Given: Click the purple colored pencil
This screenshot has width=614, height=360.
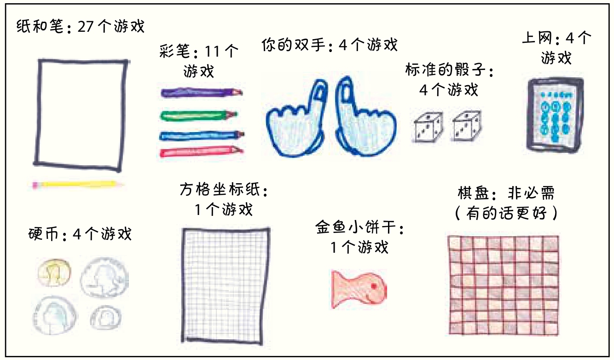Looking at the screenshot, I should click(201, 93).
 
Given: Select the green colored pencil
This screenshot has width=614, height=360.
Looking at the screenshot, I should click(198, 114).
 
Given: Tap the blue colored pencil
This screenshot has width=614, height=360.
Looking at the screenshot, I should click(201, 135).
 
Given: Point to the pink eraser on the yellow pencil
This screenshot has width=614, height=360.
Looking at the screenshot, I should click(35, 185).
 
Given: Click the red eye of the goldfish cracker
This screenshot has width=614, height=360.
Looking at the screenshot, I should click(373, 286).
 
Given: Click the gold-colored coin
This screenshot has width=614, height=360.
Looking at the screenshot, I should click(54, 273).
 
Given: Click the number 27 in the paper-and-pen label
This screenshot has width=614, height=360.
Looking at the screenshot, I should click(86, 27).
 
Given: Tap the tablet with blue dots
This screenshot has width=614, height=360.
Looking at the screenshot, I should click(555, 114).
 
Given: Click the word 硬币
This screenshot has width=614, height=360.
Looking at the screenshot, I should click(44, 234).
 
